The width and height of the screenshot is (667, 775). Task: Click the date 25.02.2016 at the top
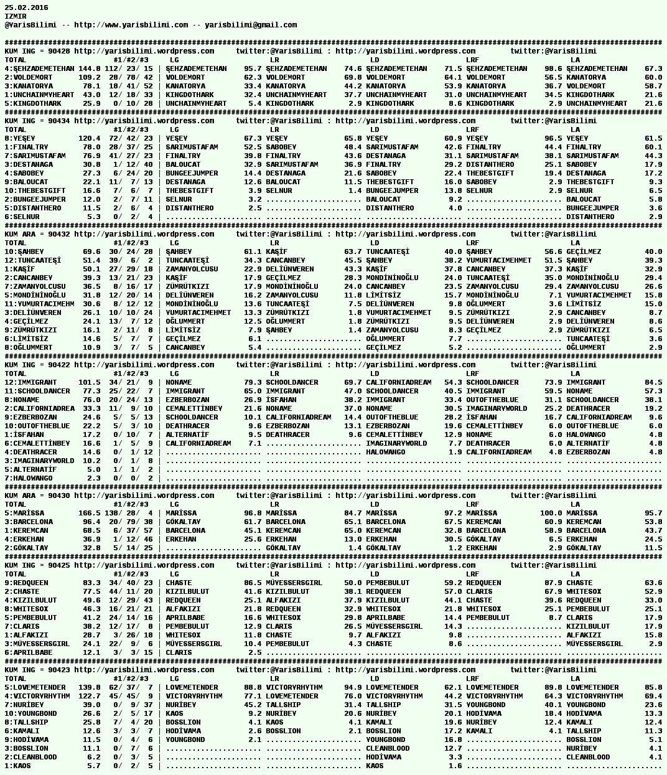[x=26, y=7]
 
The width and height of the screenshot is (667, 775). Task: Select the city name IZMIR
[x=16, y=16]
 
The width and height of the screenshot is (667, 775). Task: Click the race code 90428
[x=58, y=51]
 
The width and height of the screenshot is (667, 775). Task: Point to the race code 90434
[x=58, y=121]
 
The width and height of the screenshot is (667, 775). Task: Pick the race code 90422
[x=58, y=365]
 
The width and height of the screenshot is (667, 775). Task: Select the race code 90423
[x=58, y=670]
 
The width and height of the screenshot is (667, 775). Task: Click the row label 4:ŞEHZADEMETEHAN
[x=39, y=68]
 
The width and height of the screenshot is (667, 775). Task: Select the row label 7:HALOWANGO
[x=29, y=478]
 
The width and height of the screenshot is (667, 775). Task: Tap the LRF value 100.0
[x=549, y=513]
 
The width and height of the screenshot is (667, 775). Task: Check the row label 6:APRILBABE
[x=29, y=652]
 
